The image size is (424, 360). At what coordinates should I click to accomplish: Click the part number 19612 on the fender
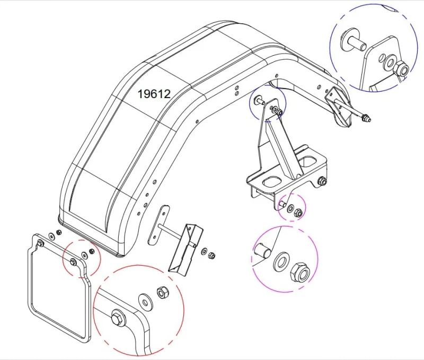[154, 94]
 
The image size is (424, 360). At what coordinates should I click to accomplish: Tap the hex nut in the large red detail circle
[163, 292]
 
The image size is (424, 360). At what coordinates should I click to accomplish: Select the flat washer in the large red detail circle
[145, 301]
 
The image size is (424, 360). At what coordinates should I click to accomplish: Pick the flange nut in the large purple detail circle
[300, 272]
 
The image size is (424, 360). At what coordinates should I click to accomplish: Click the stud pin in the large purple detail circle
[262, 250]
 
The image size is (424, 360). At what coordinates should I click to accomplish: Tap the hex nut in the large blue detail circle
[401, 68]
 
